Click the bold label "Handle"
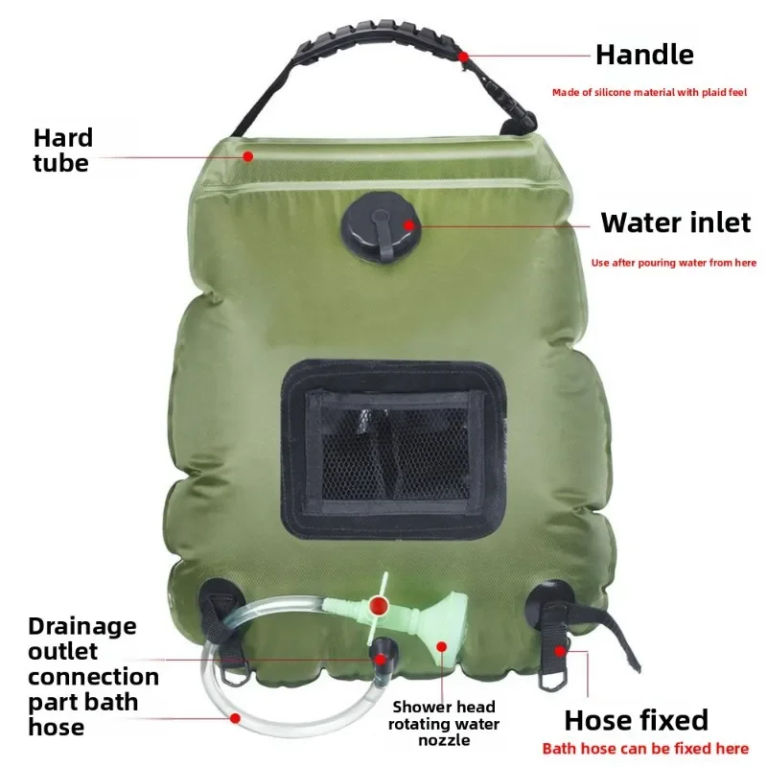tap(643, 55)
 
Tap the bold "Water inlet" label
tap(675, 223)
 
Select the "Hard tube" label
tap(60, 150)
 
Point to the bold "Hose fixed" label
tap(636, 720)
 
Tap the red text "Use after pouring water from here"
tap(674, 262)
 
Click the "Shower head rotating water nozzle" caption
tap(444, 724)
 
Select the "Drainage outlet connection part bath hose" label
tap(82, 677)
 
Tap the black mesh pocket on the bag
tap(393, 451)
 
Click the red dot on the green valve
tap(379, 606)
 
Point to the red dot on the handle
tap(464, 57)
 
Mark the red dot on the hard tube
tap(247, 155)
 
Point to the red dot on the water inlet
tap(408, 225)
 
